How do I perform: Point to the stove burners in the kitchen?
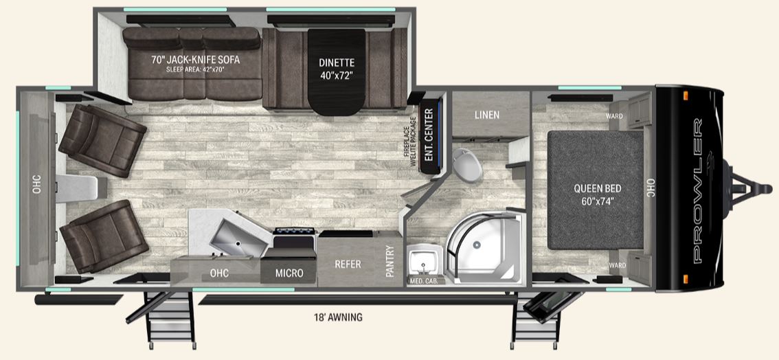pyautogui.click(x=295, y=238)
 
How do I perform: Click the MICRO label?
pyautogui.click(x=289, y=273)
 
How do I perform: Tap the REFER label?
pyautogui.click(x=348, y=265)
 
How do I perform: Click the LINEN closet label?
pyautogui.click(x=487, y=115)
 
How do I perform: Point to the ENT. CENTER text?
pyautogui.click(x=429, y=135)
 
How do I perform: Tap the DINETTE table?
pyautogui.click(x=337, y=71)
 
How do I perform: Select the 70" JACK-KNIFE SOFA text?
pyautogui.click(x=195, y=60)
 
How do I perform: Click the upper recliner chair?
pyautogui.click(x=102, y=141)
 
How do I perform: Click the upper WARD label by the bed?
pyautogui.click(x=614, y=116)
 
